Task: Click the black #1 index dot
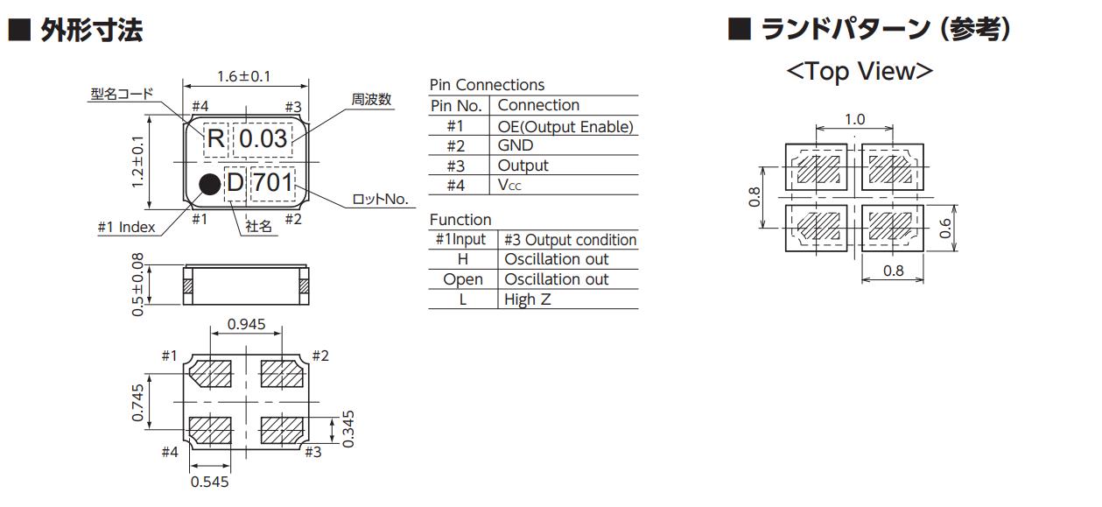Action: (209, 183)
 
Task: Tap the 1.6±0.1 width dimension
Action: (243, 76)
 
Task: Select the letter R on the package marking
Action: (215, 138)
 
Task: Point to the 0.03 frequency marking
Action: (263, 138)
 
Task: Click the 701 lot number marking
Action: (273, 183)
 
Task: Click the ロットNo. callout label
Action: (380, 200)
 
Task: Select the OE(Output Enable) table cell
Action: (565, 126)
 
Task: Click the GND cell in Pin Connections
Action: (515, 145)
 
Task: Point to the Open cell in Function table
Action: (462, 279)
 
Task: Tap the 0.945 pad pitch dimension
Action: (247, 325)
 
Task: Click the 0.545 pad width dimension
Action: (209, 482)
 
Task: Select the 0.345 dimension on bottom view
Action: (349, 428)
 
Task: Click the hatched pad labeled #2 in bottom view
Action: (281, 374)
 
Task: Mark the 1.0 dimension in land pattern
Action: (854, 119)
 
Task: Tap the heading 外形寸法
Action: (92, 32)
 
